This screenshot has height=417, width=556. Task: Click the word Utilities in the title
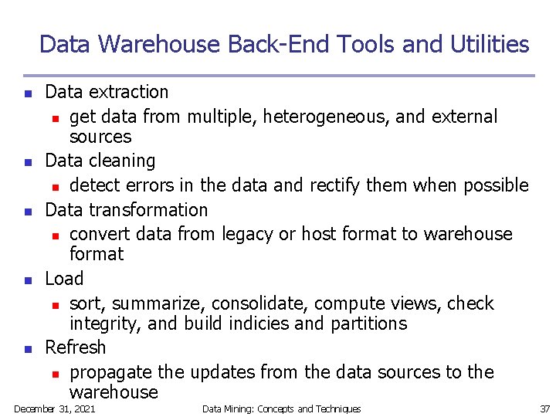point(489,44)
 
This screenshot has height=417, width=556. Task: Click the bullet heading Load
point(64,278)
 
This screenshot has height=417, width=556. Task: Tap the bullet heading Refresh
point(74,347)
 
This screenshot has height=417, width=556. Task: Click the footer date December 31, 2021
point(54,409)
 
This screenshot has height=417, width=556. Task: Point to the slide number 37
point(545,409)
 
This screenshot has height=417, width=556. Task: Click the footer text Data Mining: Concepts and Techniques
point(281,409)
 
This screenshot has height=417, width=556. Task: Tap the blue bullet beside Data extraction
point(27,93)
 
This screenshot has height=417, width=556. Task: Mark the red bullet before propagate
point(56,373)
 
